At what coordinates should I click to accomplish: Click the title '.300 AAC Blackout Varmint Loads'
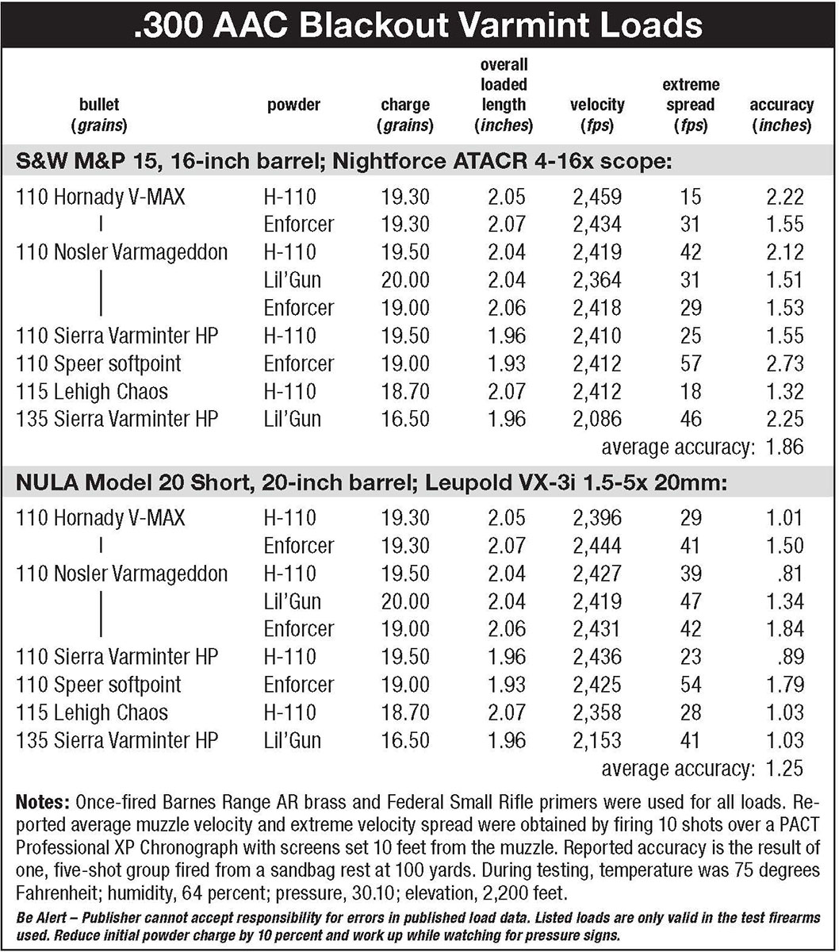(419, 25)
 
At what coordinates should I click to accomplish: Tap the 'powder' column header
(293, 105)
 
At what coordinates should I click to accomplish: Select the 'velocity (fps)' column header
(596, 114)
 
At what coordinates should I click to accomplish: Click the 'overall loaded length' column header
(504, 94)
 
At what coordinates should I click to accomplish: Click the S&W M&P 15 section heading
(345, 162)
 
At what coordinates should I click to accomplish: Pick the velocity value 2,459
(596, 197)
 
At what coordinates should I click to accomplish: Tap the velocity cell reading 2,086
(596, 419)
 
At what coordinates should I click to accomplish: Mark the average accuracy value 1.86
(785, 447)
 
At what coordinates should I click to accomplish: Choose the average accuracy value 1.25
(785, 767)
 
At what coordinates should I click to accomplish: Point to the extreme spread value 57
(690, 363)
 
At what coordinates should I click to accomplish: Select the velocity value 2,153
(596, 740)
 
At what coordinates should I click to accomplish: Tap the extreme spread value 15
(690, 197)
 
